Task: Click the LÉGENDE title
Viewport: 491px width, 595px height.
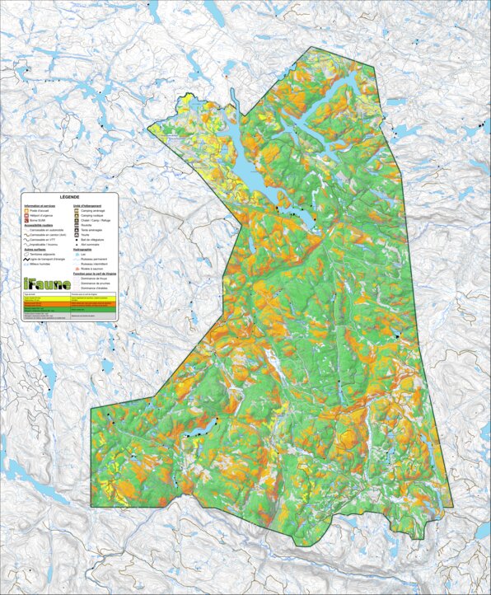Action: (70, 198)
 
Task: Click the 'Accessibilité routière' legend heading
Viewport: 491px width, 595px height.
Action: (40, 226)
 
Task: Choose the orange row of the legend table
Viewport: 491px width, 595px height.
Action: (70, 304)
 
